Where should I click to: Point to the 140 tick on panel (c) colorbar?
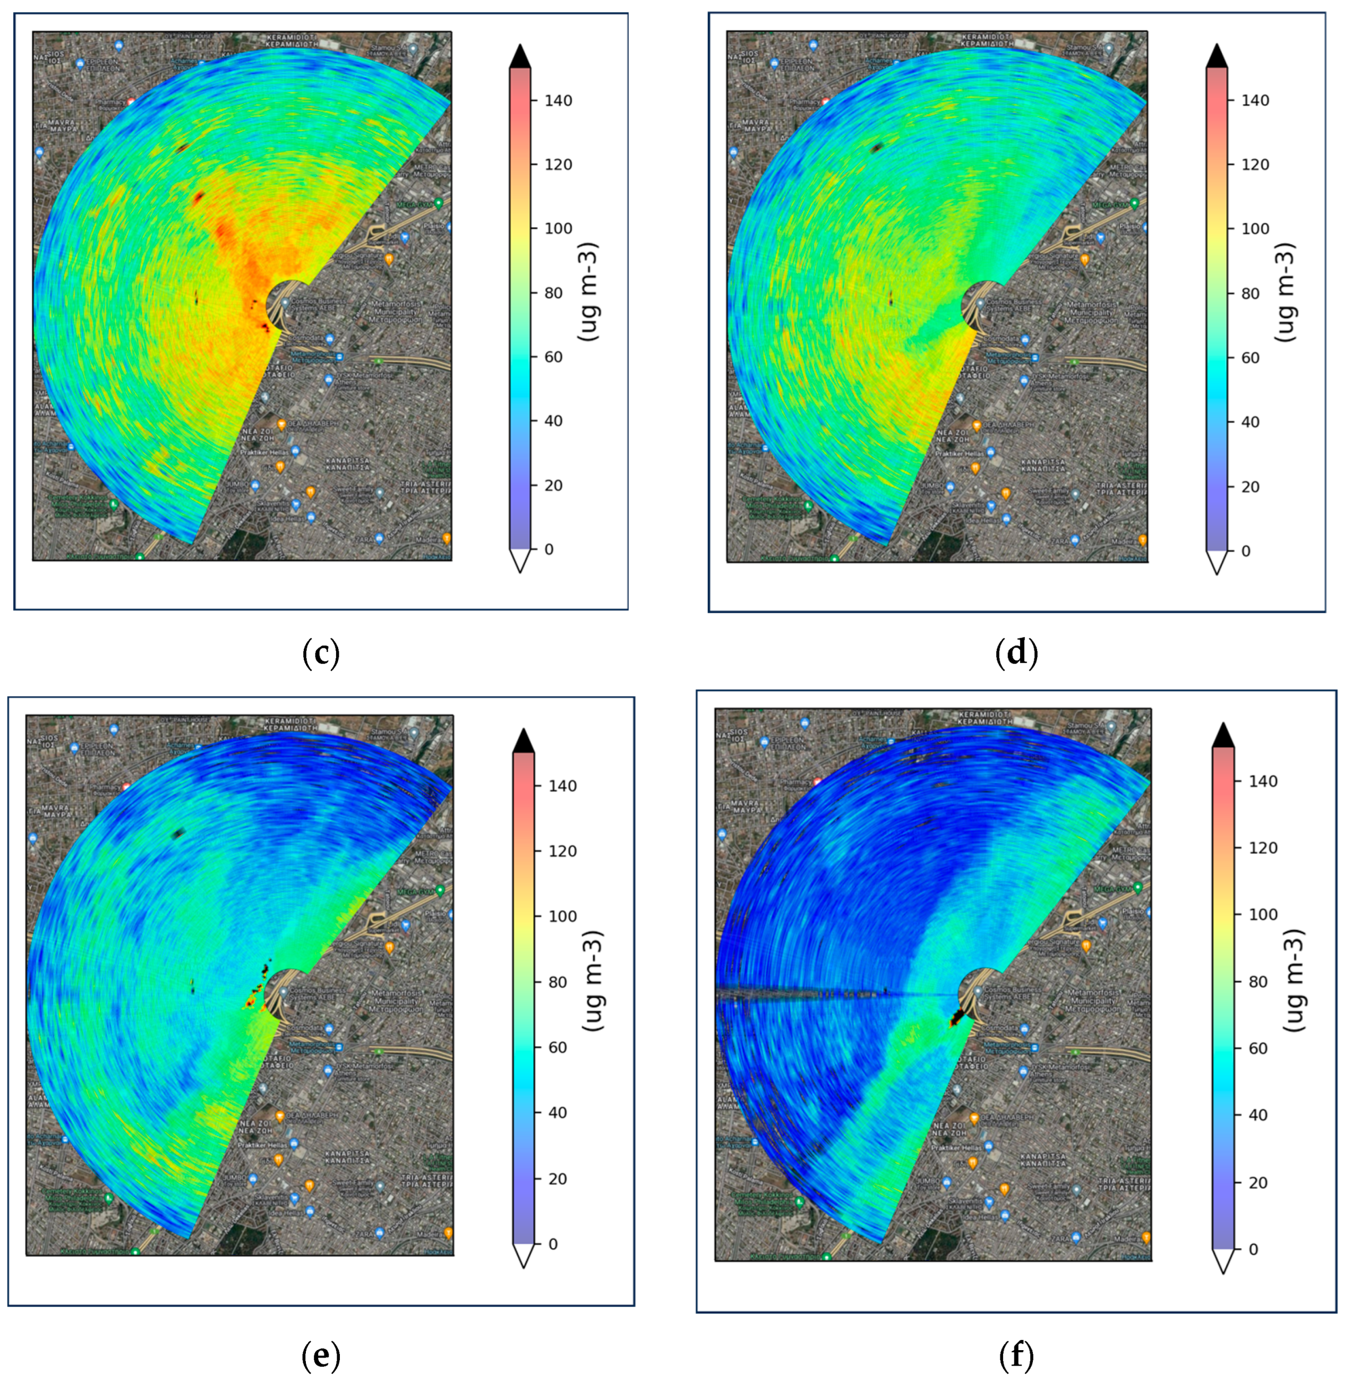558,100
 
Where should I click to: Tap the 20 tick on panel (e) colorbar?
562,1179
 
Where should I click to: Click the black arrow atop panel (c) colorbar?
520,56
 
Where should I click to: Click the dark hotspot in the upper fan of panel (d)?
877,148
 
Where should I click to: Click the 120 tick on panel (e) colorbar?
562,851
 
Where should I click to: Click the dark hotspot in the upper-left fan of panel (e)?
177,834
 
